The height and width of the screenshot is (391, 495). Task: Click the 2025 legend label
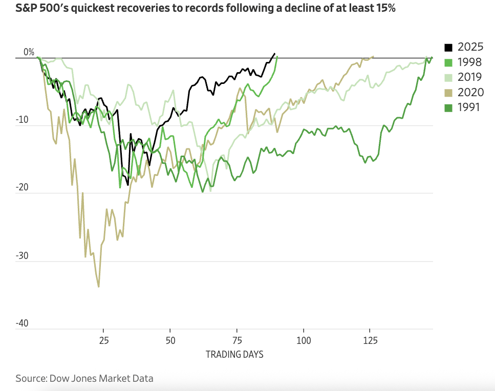click(x=469, y=48)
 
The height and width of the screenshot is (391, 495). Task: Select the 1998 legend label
click(x=469, y=62)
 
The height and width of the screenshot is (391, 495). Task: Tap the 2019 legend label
click(x=469, y=77)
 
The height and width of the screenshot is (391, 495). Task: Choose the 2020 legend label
click(x=469, y=92)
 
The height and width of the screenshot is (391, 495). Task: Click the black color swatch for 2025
click(x=448, y=48)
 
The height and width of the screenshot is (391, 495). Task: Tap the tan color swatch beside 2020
click(x=448, y=92)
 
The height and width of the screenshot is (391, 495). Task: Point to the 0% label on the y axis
click(x=29, y=52)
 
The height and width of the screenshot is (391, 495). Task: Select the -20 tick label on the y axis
click(x=27, y=188)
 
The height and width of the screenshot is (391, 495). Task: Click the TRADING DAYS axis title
click(x=234, y=354)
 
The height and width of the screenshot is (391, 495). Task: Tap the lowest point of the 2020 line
click(x=98, y=287)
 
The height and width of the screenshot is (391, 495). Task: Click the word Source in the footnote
click(x=30, y=379)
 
